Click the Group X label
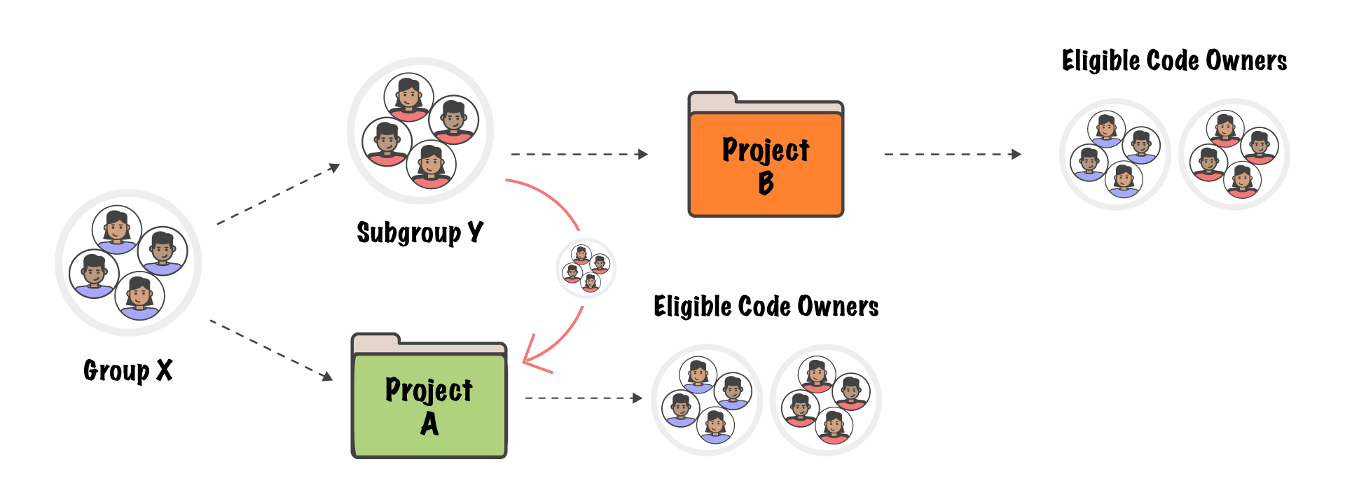(127, 370)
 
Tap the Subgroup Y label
(420, 232)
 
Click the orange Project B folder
(766, 164)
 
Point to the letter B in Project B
(766, 183)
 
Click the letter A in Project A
(429, 424)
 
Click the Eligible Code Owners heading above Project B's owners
(1174, 61)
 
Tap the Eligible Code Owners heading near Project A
(766, 307)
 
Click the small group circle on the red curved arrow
(586, 269)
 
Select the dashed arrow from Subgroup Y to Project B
(579, 154)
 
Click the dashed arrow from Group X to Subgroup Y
(278, 195)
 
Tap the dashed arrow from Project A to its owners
(584, 398)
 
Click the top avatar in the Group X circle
(117, 229)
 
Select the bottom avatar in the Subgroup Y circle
(432, 164)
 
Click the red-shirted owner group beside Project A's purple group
(826, 400)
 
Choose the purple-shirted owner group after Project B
(1115, 154)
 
